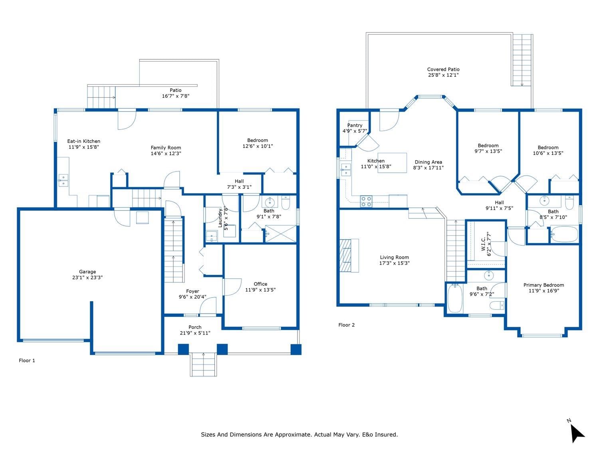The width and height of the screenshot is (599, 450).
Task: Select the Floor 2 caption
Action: click(x=346, y=325)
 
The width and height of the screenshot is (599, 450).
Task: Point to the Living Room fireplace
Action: click(x=349, y=256)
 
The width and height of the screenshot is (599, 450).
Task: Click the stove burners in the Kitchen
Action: click(x=366, y=201)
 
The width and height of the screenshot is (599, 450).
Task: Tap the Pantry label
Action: click(x=355, y=125)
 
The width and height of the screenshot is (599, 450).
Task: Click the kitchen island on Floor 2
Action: click(x=392, y=163)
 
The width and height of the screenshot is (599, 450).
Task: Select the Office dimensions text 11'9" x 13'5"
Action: click(x=260, y=290)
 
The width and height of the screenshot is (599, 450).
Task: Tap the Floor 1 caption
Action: click(x=27, y=360)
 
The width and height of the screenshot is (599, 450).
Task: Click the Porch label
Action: click(x=195, y=327)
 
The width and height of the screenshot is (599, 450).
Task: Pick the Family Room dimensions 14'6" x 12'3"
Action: click(x=166, y=153)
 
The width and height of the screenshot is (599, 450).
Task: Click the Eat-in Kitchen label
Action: click(x=84, y=141)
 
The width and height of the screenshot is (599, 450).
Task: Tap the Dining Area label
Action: click(x=428, y=162)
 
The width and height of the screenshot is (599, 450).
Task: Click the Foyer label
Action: click(x=192, y=291)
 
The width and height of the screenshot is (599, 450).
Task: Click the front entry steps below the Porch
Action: click(x=203, y=364)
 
